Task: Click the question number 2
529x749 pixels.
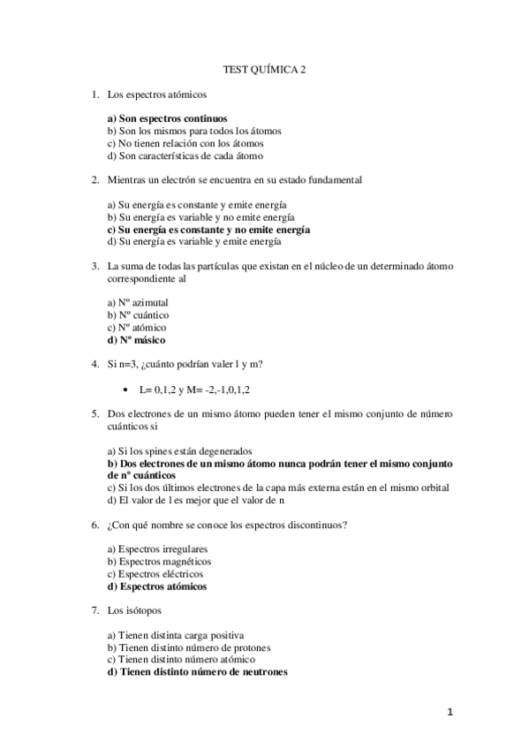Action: point(94,180)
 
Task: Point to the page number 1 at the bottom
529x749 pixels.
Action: point(450,712)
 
